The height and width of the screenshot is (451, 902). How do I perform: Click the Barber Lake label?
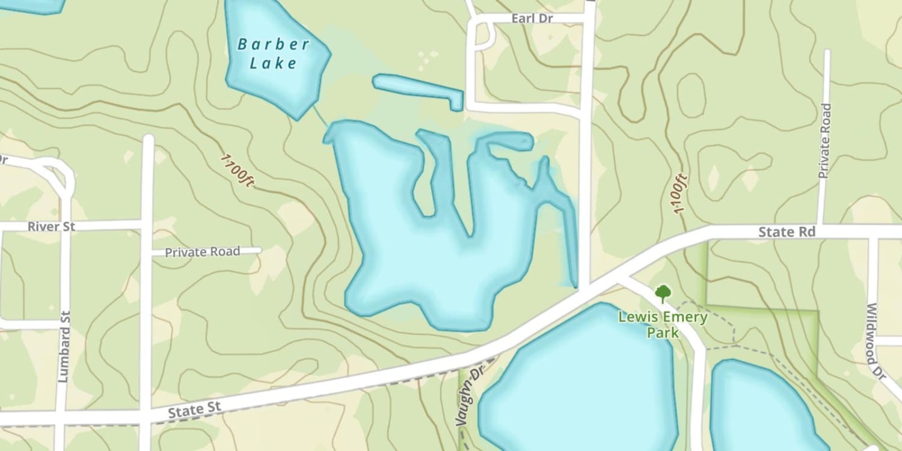[274, 54]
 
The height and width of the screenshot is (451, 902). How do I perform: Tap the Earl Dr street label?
[532, 19]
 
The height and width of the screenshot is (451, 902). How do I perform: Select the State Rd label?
[787, 232]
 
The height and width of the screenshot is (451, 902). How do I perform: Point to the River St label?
[51, 227]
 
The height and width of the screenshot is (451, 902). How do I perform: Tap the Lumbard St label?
[64, 347]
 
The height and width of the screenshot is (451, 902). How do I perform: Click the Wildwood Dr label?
[876, 341]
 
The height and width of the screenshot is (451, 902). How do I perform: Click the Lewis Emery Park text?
[663, 325]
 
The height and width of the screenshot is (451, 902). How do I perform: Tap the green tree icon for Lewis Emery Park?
[663, 293]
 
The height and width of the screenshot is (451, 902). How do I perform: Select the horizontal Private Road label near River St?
[203, 252]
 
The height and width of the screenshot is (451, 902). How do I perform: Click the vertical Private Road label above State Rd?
[824, 141]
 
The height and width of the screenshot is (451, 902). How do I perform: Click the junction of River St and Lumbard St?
[64, 226]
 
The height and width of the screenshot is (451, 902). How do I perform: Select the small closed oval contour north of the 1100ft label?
[691, 95]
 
